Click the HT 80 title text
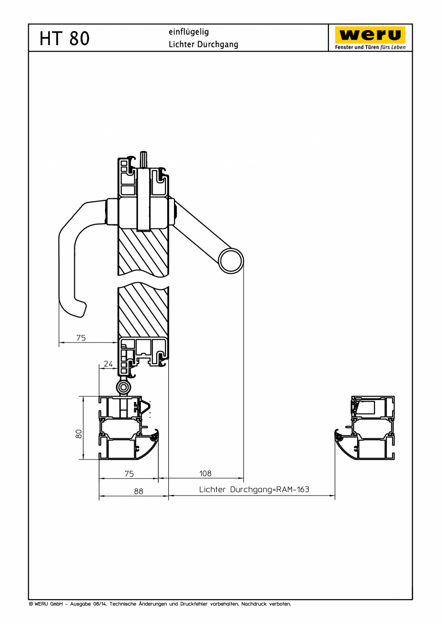[65, 38]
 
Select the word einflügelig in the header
[188, 32]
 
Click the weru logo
[370, 35]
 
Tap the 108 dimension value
[205, 473]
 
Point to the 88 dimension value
[139, 491]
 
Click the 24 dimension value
[108, 364]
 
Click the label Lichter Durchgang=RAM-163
[254, 490]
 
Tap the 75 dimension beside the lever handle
[81, 338]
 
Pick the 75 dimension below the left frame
[129, 473]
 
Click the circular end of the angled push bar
[231, 261]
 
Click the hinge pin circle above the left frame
[124, 387]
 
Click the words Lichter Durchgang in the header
[203, 45]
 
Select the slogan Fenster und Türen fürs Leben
[370, 47]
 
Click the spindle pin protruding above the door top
[143, 159]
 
